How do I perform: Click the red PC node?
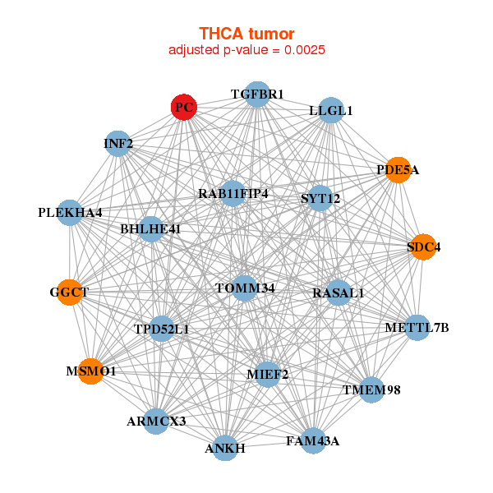(x=184, y=107)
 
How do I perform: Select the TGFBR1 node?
(x=257, y=94)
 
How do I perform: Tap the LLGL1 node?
(x=330, y=111)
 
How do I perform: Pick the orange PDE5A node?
(x=399, y=170)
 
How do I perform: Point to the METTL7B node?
(x=417, y=328)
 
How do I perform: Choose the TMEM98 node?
(x=371, y=389)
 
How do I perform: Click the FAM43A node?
(x=313, y=441)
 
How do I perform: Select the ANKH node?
(x=225, y=448)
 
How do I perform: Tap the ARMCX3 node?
(x=156, y=422)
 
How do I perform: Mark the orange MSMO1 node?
(x=91, y=371)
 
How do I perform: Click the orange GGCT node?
(x=69, y=292)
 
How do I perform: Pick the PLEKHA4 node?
(x=70, y=213)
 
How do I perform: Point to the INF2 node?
(x=118, y=145)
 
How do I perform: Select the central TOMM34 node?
(x=245, y=288)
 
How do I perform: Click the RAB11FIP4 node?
(x=233, y=194)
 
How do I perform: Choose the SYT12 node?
(x=320, y=198)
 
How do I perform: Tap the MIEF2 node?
(x=268, y=375)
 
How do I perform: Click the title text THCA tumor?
(x=246, y=34)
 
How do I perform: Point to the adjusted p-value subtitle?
(x=246, y=50)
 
